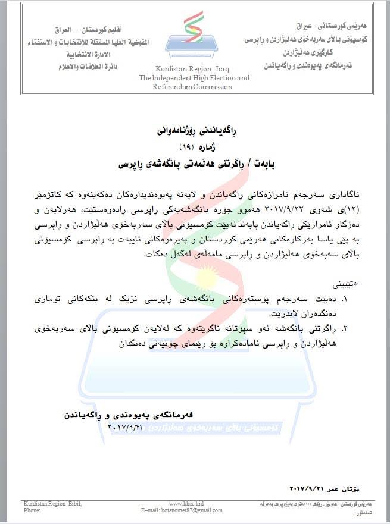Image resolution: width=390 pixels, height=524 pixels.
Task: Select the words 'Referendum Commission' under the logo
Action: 192,87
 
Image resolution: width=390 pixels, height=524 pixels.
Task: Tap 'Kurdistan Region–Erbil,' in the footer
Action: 52,504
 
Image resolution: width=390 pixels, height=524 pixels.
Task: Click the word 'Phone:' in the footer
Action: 32,510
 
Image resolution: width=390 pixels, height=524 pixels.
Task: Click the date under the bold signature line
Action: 126,427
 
